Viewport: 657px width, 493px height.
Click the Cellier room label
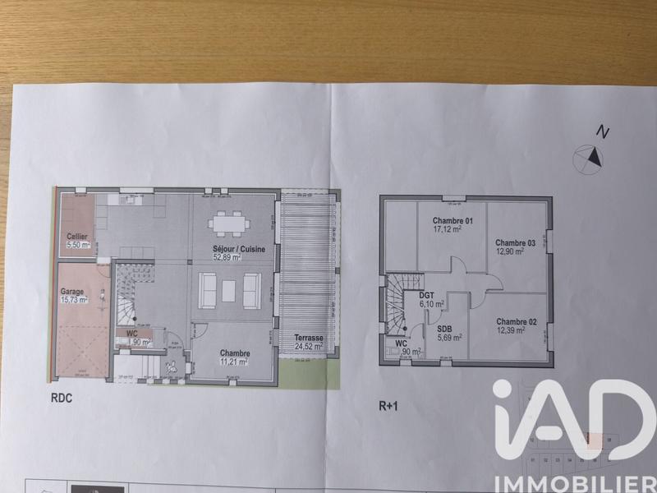point(77,237)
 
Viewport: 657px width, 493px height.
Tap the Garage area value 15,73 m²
point(73,300)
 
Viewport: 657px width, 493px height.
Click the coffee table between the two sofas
point(229,288)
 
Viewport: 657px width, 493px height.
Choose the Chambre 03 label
point(515,243)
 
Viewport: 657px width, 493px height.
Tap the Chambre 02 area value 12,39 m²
point(515,330)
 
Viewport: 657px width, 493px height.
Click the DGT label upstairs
point(426,294)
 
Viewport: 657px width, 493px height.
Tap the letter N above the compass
point(603,131)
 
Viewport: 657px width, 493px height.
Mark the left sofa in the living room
point(207,288)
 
